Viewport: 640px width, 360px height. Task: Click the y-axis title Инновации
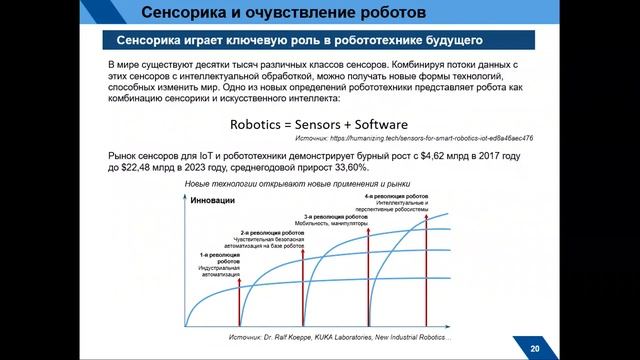coord(212,201)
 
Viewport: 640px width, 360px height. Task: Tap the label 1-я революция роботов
coord(214,259)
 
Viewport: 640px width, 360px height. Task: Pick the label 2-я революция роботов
coord(266,233)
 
